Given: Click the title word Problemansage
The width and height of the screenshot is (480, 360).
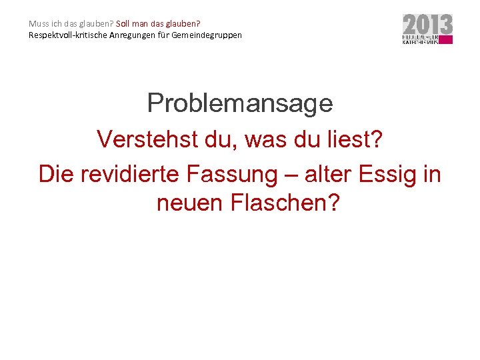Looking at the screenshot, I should [x=240, y=103].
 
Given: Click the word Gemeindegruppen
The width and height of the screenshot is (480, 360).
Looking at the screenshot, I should [x=207, y=35].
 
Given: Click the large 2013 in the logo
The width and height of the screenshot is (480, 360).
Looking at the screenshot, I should [x=427, y=25].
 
